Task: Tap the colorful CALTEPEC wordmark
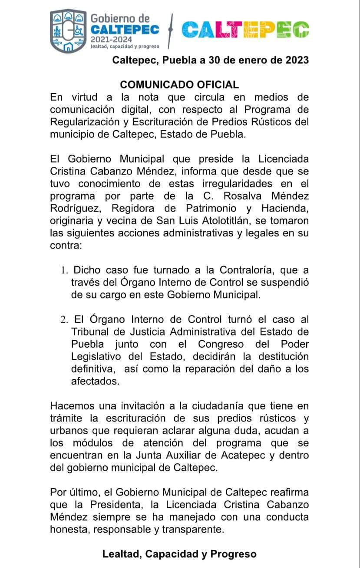pos(245,30)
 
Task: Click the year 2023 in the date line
pos(297,60)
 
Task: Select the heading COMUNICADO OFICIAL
pos(179,84)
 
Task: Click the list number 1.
pos(64,270)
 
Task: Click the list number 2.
pos(64,320)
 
